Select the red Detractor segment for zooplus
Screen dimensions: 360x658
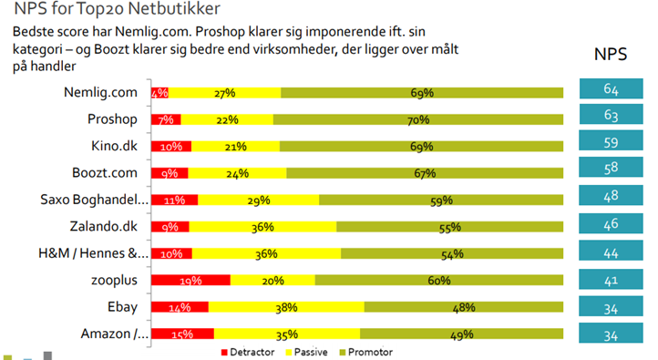[x=190, y=281]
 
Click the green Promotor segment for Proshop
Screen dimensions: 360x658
[x=416, y=120]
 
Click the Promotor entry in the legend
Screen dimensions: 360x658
[x=377, y=351]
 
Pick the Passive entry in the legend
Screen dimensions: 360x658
[x=312, y=351]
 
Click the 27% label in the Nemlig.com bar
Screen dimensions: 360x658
[x=225, y=93]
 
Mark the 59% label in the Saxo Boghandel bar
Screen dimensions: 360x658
[x=439, y=201]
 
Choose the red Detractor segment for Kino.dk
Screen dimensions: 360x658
[x=170, y=147]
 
